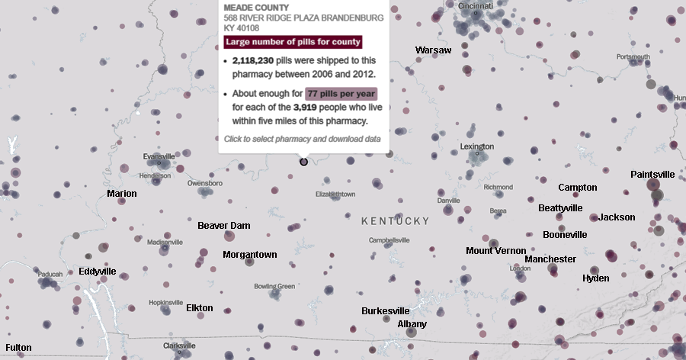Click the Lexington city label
click(x=477, y=146)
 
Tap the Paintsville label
click(x=652, y=175)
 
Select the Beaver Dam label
click(x=223, y=226)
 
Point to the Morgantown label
click(x=250, y=255)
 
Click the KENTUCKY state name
click(x=395, y=221)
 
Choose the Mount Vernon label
click(x=495, y=251)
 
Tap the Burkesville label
click(x=385, y=311)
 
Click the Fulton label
click(x=18, y=348)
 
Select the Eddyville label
click(x=98, y=272)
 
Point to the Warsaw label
click(x=433, y=50)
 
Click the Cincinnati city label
click(x=476, y=6)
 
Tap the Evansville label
click(x=159, y=157)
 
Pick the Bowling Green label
click(x=274, y=287)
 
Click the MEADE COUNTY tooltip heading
click(x=251, y=8)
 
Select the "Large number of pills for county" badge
click(x=293, y=42)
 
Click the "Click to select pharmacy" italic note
click(x=302, y=139)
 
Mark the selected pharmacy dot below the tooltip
click(x=303, y=162)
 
